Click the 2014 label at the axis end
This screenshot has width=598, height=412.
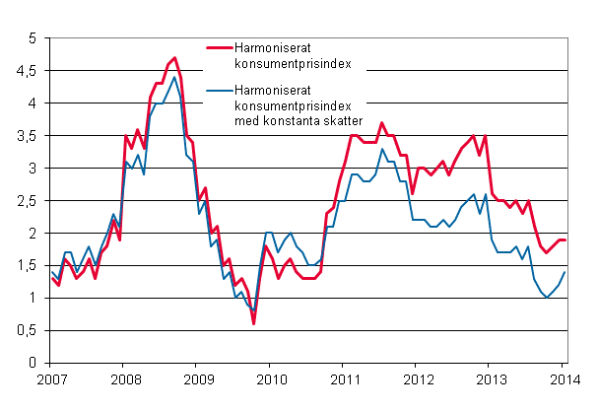pyautogui.click(x=565, y=379)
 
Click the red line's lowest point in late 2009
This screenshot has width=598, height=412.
pyautogui.click(x=253, y=323)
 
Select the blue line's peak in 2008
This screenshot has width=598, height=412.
pyautogui.click(x=174, y=77)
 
